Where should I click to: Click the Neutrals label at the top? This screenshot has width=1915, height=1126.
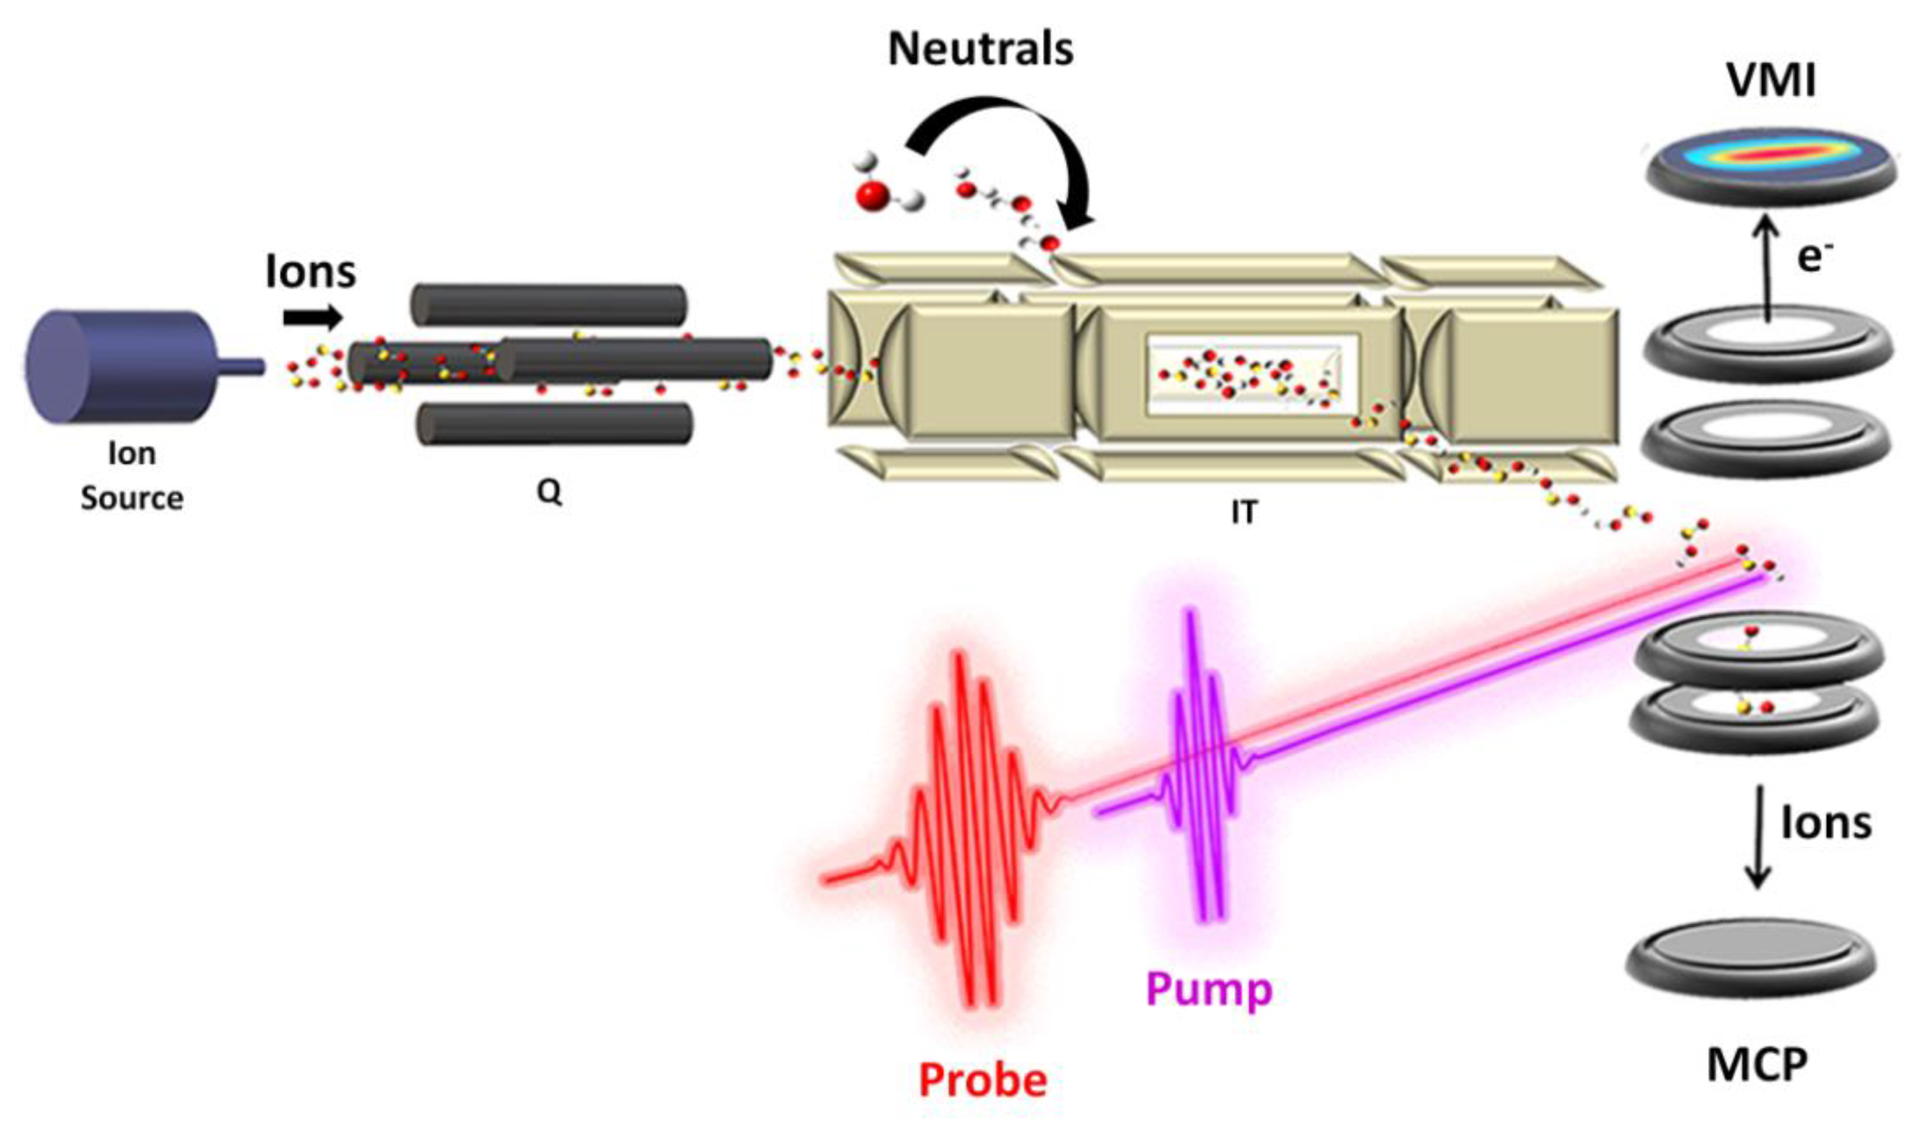tap(980, 50)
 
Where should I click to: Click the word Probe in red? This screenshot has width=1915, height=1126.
tap(983, 1080)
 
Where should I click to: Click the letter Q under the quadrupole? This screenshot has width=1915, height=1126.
tap(550, 492)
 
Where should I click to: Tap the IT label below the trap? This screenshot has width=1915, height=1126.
tap(1244, 513)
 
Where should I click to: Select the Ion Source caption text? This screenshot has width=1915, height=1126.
tap(132, 476)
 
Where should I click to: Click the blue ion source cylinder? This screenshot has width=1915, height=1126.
tap(121, 367)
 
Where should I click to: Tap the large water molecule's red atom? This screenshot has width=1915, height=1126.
tap(871, 195)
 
